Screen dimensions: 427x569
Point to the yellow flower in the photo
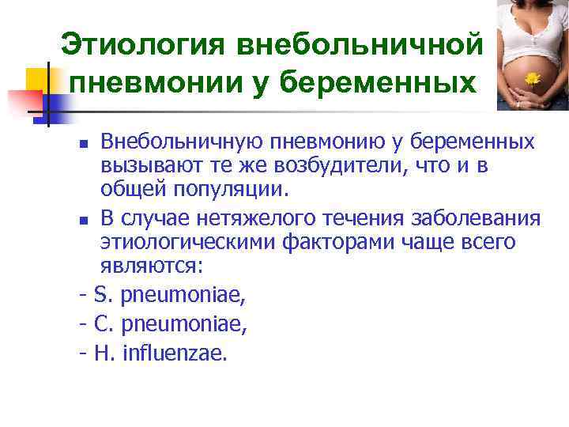pos(532,78)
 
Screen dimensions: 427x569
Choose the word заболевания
pos(479,218)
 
